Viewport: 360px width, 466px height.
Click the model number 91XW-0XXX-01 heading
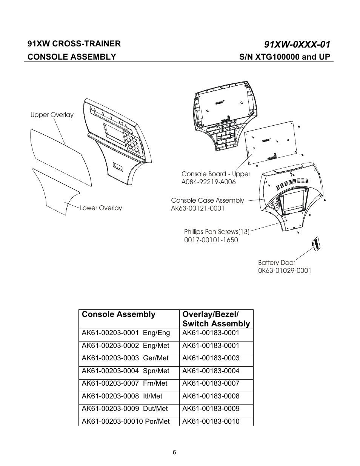coord(297,45)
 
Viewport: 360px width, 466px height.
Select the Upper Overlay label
coord(52,115)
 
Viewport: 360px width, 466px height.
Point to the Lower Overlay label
coord(101,208)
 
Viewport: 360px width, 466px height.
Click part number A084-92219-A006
coord(208,182)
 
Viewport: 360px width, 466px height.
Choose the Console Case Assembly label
coord(208,200)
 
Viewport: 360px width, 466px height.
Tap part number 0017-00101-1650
coord(211,240)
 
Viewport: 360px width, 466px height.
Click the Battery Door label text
coord(277,263)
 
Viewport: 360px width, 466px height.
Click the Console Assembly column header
coord(118,314)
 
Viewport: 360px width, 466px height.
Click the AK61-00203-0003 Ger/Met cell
coord(125,358)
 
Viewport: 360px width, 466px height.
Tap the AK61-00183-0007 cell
coord(211,383)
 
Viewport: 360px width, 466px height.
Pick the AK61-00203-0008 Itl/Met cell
coord(122,396)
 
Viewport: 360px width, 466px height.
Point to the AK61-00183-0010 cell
coord(211,421)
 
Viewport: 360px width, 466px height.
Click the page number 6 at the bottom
coord(174,453)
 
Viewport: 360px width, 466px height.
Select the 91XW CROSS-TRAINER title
coord(74,43)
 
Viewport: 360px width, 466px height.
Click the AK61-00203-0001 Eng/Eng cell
coord(126,333)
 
